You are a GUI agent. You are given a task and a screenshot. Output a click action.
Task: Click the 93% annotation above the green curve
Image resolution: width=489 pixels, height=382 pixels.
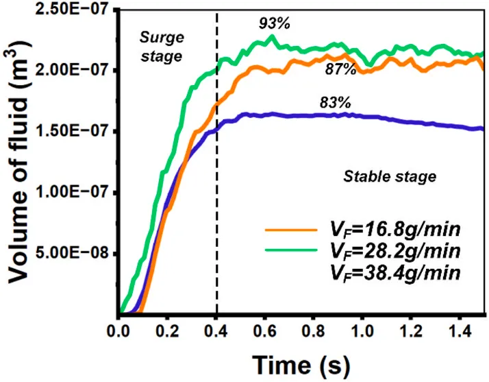pos(275,23)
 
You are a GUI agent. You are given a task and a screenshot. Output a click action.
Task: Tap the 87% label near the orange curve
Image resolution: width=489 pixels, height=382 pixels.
pos(340,69)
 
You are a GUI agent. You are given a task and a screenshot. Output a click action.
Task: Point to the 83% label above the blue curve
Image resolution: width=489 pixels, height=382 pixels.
pos(336,102)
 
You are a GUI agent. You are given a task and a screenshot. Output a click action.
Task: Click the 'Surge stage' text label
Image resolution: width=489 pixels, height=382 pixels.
pos(162,47)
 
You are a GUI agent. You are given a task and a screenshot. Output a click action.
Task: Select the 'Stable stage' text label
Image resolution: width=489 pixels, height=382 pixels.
pos(390,176)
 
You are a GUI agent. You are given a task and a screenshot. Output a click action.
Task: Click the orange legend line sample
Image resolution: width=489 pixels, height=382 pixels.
pos(291,230)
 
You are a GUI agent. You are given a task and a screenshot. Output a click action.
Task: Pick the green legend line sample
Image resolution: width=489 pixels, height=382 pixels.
pos(291,250)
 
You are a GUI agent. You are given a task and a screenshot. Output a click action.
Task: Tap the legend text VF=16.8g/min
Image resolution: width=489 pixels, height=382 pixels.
pos(395,230)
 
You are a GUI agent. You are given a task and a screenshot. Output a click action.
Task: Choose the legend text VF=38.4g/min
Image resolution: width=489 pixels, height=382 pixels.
pos(395,274)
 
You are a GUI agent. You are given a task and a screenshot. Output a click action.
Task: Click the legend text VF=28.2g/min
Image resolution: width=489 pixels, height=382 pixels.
pos(395,252)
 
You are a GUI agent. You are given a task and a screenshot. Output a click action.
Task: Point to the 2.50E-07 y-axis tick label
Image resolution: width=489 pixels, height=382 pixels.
pos(75,9)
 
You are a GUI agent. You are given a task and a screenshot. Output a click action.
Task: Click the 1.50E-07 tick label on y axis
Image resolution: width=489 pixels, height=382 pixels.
pos(75,131)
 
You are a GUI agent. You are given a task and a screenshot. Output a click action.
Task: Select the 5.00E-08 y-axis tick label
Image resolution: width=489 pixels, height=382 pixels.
pos(75,252)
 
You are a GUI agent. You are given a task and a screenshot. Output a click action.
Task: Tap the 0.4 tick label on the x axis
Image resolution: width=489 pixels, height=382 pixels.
pos(216,331)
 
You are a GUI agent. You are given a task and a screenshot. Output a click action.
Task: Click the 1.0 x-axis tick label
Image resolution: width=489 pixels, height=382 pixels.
pos(362,331)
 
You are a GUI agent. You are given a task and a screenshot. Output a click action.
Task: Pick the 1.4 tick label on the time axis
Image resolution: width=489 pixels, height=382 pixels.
pos(459,331)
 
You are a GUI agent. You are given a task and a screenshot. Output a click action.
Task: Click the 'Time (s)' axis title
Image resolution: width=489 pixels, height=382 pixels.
pos(301,364)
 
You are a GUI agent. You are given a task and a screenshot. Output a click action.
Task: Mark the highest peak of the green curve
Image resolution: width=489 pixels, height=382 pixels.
pos(273,36)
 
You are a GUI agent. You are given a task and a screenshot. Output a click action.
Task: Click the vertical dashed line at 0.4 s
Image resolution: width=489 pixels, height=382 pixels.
pos(216,163)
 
